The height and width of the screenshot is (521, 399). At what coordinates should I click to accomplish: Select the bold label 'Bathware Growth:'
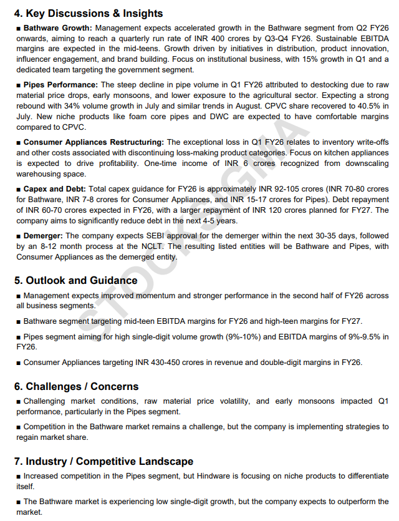tap(57, 28)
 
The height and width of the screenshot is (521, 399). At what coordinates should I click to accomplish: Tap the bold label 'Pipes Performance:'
tap(60, 84)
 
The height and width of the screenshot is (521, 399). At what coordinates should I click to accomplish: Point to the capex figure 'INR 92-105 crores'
tap(291, 188)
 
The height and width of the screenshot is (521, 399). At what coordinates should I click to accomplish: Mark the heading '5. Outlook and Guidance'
tap(75, 280)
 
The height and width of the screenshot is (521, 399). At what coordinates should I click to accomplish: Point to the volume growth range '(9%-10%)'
tap(246, 337)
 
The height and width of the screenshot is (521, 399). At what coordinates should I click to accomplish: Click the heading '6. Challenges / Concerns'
tap(76, 386)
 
